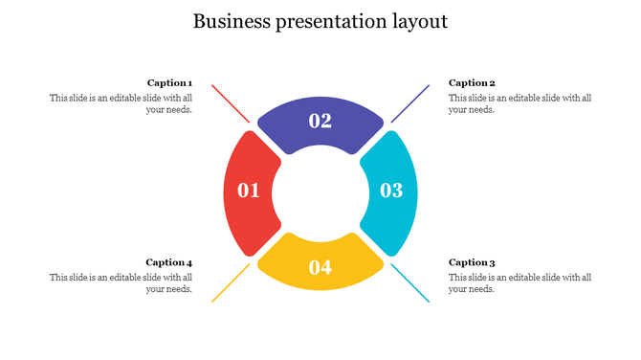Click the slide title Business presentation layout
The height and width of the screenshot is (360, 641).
320,21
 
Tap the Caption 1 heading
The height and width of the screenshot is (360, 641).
169,83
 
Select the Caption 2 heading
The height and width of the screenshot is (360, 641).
472,83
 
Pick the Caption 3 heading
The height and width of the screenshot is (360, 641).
472,262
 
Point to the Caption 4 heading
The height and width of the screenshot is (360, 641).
169,262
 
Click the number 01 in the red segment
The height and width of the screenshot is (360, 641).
249,191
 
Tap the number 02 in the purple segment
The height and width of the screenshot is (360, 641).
320,121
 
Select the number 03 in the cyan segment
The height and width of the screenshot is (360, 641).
391,191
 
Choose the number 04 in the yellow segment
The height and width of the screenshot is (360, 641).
320,267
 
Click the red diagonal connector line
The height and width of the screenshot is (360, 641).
230,103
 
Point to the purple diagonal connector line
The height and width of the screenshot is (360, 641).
409,103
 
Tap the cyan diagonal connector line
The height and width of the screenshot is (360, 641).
409,283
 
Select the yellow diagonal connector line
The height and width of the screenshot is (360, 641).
230,283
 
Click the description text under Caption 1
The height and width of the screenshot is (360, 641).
122,103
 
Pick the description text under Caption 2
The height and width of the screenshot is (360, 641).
519,103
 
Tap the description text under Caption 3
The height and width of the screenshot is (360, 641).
519,283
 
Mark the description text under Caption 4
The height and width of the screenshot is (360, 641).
122,283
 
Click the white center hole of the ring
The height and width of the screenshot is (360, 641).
320,191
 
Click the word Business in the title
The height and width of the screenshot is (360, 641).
232,21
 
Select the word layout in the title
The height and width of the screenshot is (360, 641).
418,21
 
